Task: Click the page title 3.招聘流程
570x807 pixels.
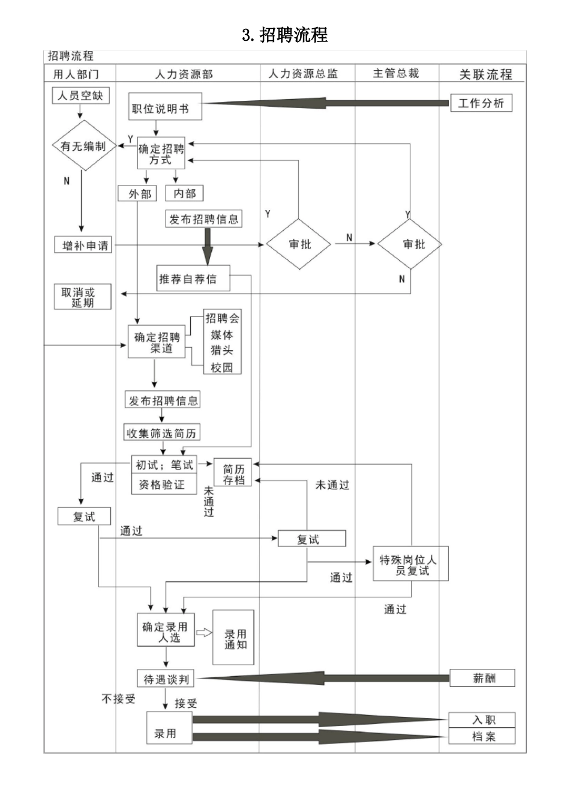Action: pyautogui.click(x=285, y=35)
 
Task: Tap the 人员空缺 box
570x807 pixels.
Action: pyautogui.click(x=80, y=95)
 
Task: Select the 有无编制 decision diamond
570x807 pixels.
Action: pyautogui.click(x=83, y=146)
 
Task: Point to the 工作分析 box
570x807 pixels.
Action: pyautogui.click(x=481, y=103)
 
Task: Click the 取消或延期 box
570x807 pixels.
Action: pyautogui.click(x=83, y=297)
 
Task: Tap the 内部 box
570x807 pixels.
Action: pyautogui.click(x=184, y=193)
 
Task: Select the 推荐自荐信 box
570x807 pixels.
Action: pyautogui.click(x=193, y=279)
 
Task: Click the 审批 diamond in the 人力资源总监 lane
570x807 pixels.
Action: pyautogui.click(x=299, y=244)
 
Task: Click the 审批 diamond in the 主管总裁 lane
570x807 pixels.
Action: pyautogui.click(x=413, y=244)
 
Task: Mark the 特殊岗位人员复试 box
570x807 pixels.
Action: pyautogui.click(x=410, y=564)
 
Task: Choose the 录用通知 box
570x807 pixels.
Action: pyautogui.click(x=235, y=639)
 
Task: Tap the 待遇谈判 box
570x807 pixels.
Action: pyautogui.click(x=166, y=679)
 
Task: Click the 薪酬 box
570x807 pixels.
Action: pyautogui.click(x=483, y=679)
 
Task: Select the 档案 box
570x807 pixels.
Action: pyautogui.click(x=482, y=736)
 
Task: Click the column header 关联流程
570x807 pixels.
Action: pyautogui.click(x=485, y=74)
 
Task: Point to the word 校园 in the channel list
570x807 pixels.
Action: pyautogui.click(x=221, y=367)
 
